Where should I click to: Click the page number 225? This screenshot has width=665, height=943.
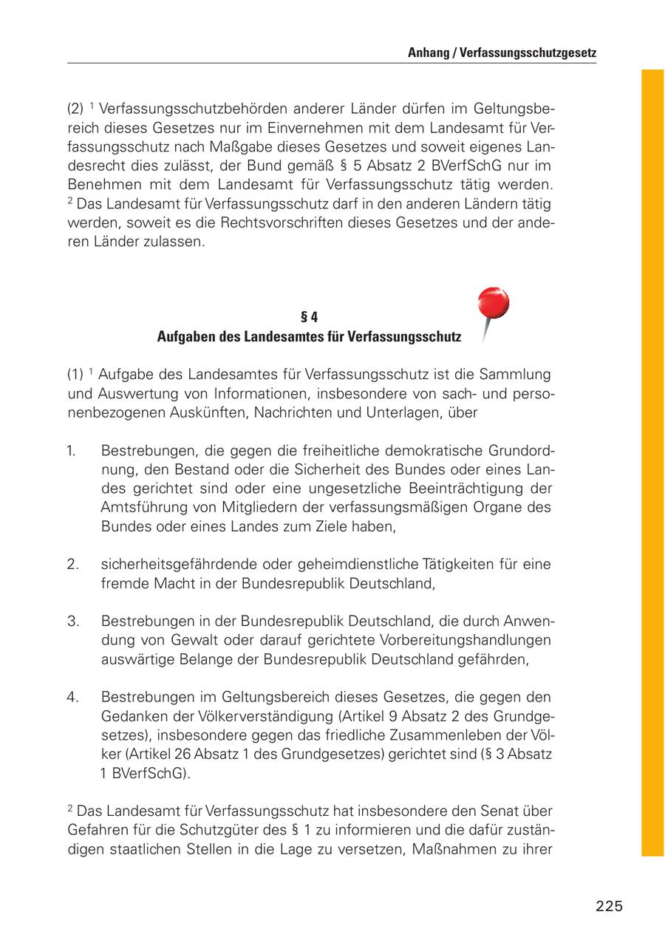610,906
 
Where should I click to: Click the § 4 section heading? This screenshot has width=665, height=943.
309,318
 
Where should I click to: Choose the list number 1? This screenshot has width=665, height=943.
72,450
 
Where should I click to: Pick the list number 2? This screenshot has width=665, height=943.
72,565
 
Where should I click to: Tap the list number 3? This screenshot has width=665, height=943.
72,622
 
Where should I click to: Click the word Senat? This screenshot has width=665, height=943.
511,811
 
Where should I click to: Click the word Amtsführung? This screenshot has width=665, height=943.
138,508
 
